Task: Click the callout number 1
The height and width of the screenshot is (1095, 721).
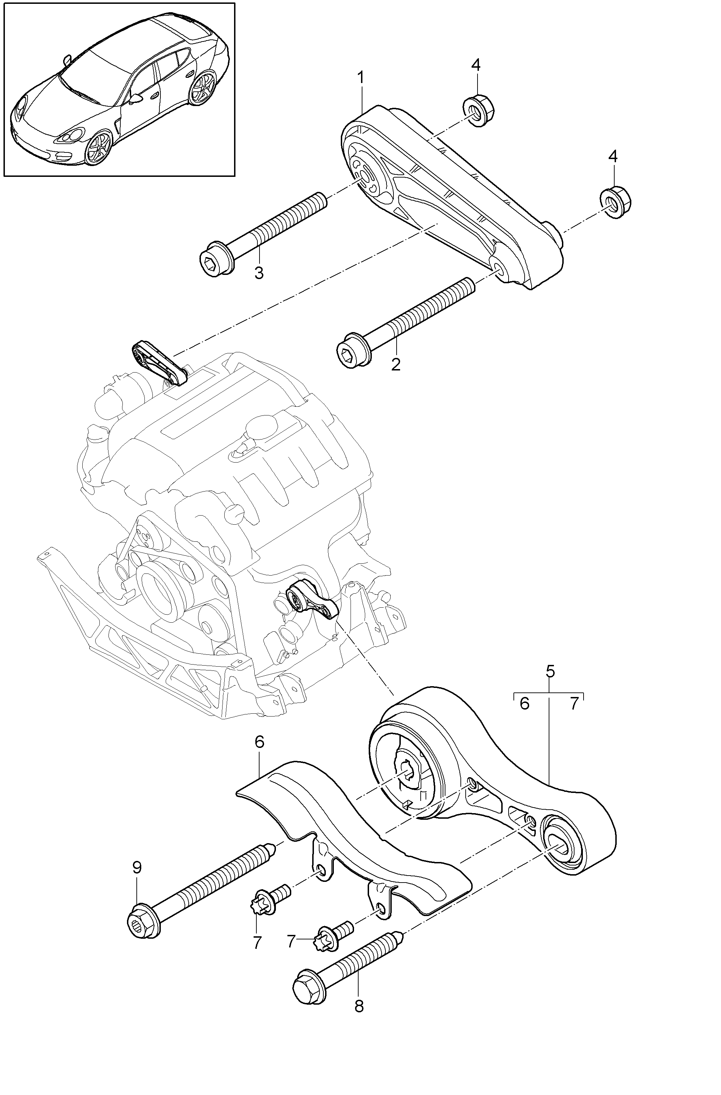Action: click(x=361, y=77)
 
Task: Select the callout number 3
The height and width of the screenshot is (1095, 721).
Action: click(x=259, y=273)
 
